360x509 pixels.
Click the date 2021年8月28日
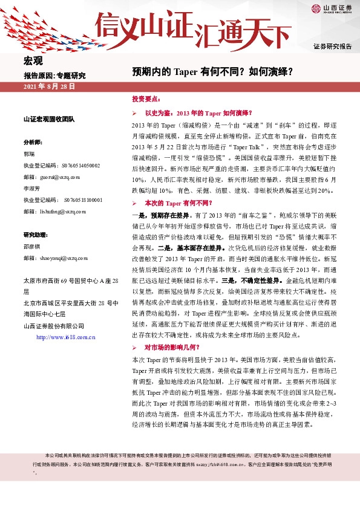point(49,87)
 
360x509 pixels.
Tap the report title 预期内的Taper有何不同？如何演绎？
point(214,71)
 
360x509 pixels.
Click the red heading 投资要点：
point(146,98)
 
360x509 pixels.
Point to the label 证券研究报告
point(332,47)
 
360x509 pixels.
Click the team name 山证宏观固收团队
point(49,120)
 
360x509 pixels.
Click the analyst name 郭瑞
point(29,154)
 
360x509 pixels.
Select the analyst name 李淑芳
point(32,189)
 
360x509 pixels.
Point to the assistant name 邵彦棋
point(32,247)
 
